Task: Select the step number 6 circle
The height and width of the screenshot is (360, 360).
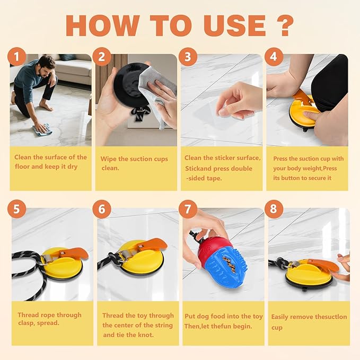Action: tap(102, 209)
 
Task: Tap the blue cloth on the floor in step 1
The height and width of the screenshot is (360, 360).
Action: tap(43, 128)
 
